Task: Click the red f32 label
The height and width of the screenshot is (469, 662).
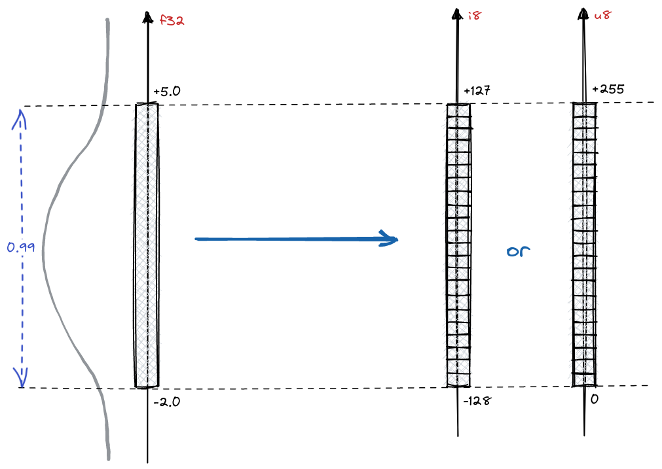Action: point(172,21)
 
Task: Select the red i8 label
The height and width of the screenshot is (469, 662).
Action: point(475,16)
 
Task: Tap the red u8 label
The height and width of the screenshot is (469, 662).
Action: point(602,16)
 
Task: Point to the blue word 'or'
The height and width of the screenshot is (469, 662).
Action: point(517,251)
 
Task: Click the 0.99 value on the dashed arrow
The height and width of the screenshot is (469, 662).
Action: point(21,247)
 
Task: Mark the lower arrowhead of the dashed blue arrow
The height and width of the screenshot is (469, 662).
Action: point(21,378)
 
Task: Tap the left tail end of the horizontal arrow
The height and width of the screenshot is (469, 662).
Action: point(196,239)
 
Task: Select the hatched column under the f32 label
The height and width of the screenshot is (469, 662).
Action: point(147,245)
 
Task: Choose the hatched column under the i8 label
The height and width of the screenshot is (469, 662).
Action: point(458,245)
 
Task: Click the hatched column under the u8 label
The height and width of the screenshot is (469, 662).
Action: point(583,245)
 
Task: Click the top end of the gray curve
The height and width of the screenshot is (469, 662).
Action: point(107,20)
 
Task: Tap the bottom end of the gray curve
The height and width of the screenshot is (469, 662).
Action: point(108,458)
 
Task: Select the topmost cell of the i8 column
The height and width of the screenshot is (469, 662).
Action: point(458,110)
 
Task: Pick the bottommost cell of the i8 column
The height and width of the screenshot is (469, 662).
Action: point(458,379)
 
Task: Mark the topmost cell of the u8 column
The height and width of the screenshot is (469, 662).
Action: point(583,110)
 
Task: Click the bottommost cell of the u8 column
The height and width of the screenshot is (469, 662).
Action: point(583,379)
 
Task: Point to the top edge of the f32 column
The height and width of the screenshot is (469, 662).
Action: point(147,103)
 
